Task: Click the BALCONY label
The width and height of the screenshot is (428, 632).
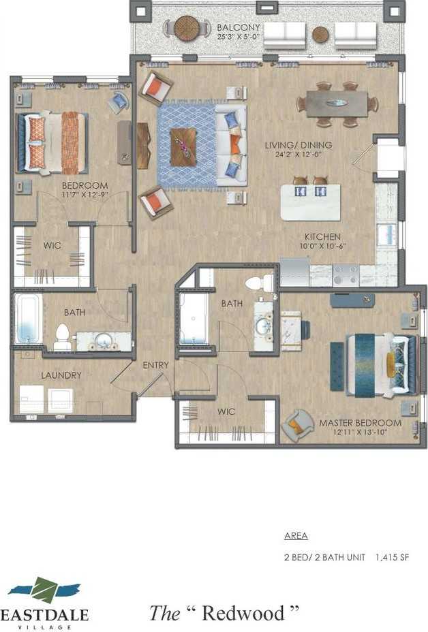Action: pos(238,27)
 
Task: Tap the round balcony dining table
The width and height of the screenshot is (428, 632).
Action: pos(187,28)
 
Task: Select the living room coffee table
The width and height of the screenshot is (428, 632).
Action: pos(183,146)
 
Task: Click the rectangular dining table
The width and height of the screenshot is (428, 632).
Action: pos(337,104)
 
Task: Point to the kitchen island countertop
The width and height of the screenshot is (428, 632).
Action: pos(311,202)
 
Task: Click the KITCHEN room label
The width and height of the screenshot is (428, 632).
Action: pos(323,236)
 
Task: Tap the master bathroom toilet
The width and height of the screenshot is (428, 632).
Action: pos(260,283)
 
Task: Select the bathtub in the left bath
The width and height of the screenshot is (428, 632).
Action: pos(28,319)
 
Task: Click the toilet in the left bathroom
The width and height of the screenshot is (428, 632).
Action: pos(63,337)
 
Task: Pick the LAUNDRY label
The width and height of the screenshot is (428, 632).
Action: pos(61,375)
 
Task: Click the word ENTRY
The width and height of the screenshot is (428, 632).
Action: pos(155,365)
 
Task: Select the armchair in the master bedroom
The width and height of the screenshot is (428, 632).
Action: pos(298,425)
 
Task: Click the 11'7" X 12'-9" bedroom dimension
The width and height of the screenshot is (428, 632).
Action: pos(85,195)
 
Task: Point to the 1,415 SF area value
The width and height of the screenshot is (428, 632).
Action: pos(392,557)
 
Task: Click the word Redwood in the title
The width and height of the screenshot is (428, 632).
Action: pos(243,613)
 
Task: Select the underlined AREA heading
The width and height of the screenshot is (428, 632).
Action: pos(296,536)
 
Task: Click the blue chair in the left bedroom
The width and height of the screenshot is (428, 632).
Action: pos(119,101)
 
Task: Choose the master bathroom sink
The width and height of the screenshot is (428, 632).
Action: pos(264,324)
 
